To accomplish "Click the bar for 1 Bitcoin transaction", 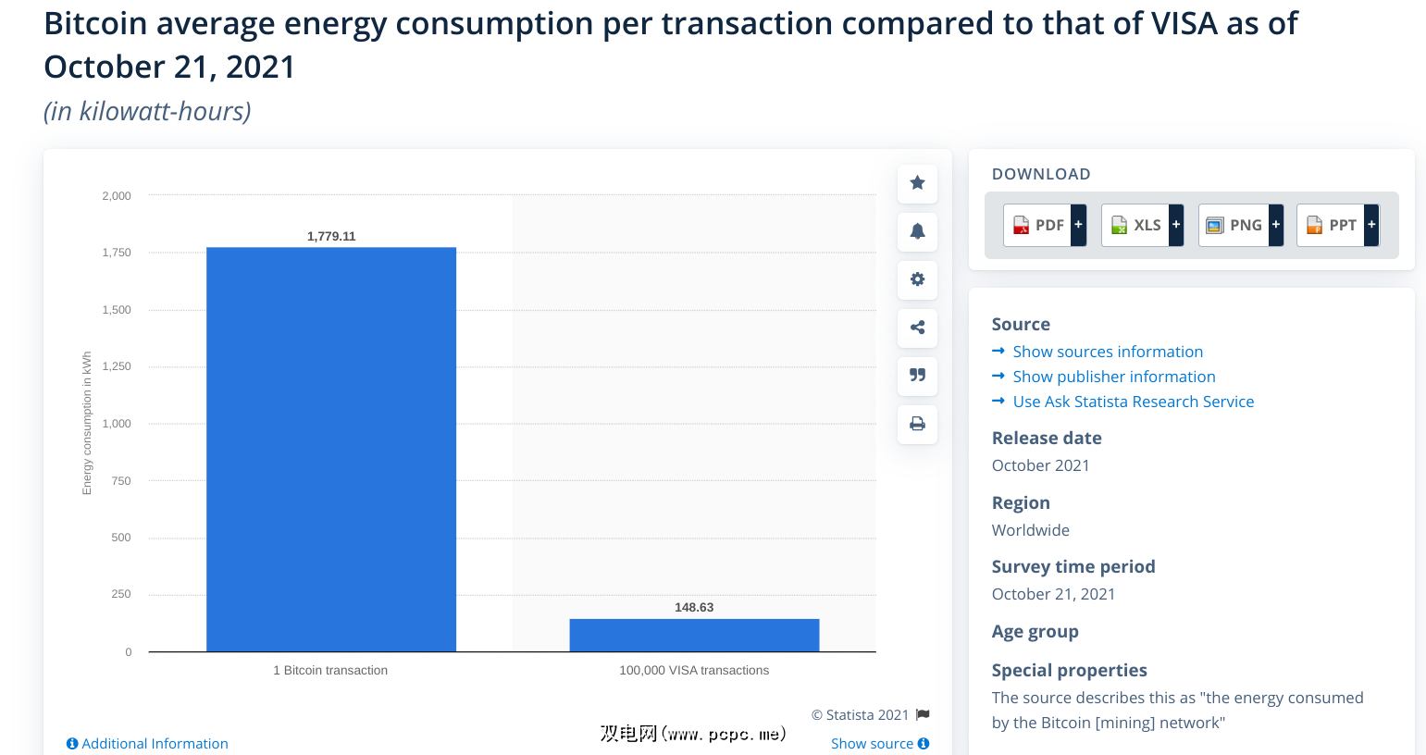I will tap(330, 449).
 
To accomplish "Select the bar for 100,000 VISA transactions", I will tap(694, 635).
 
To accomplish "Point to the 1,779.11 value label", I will tap(331, 236).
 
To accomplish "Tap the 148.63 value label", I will tap(694, 607).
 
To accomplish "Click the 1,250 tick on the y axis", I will tap(117, 366).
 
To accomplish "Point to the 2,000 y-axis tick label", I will tap(117, 196).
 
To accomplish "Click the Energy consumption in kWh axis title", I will tap(87, 423).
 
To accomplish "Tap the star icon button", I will tap(917, 183).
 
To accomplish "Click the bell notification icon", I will tap(917, 231).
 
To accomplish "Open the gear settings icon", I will tap(917, 279).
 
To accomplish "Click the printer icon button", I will tap(917, 424).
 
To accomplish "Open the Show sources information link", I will tap(1108, 352).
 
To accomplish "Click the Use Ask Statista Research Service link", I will tap(1133, 402).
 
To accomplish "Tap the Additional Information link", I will tap(148, 744).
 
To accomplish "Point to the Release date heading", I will tap(1047, 438).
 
